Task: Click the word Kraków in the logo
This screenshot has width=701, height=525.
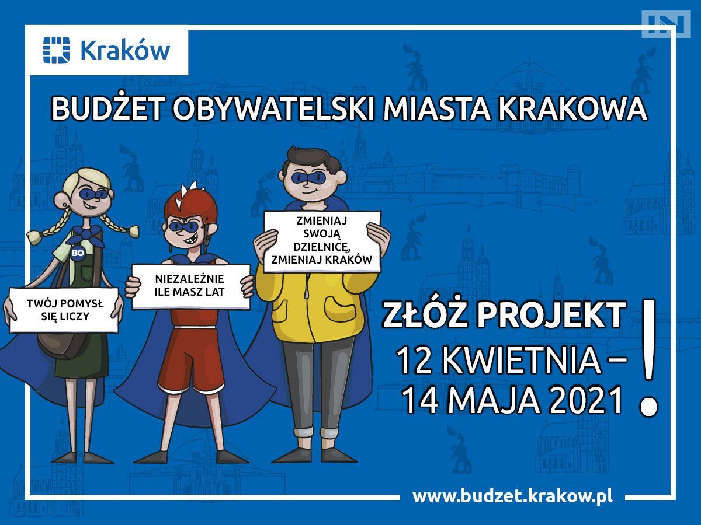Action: [x=126, y=50]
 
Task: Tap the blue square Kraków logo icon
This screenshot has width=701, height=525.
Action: [x=56, y=50]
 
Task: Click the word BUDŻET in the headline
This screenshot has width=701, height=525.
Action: [x=108, y=108]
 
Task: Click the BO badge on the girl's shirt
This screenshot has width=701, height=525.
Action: [x=78, y=253]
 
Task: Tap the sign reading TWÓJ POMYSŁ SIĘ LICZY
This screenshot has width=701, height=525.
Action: [x=64, y=310]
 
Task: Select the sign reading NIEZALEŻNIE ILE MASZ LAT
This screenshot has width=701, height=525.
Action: [x=190, y=286]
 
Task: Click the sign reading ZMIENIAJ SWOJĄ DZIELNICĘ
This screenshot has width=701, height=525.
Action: [x=322, y=241]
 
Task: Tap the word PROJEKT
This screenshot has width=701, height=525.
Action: [x=551, y=314]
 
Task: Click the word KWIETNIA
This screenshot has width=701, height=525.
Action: [x=522, y=361]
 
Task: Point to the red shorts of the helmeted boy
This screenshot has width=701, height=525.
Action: [x=191, y=357]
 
